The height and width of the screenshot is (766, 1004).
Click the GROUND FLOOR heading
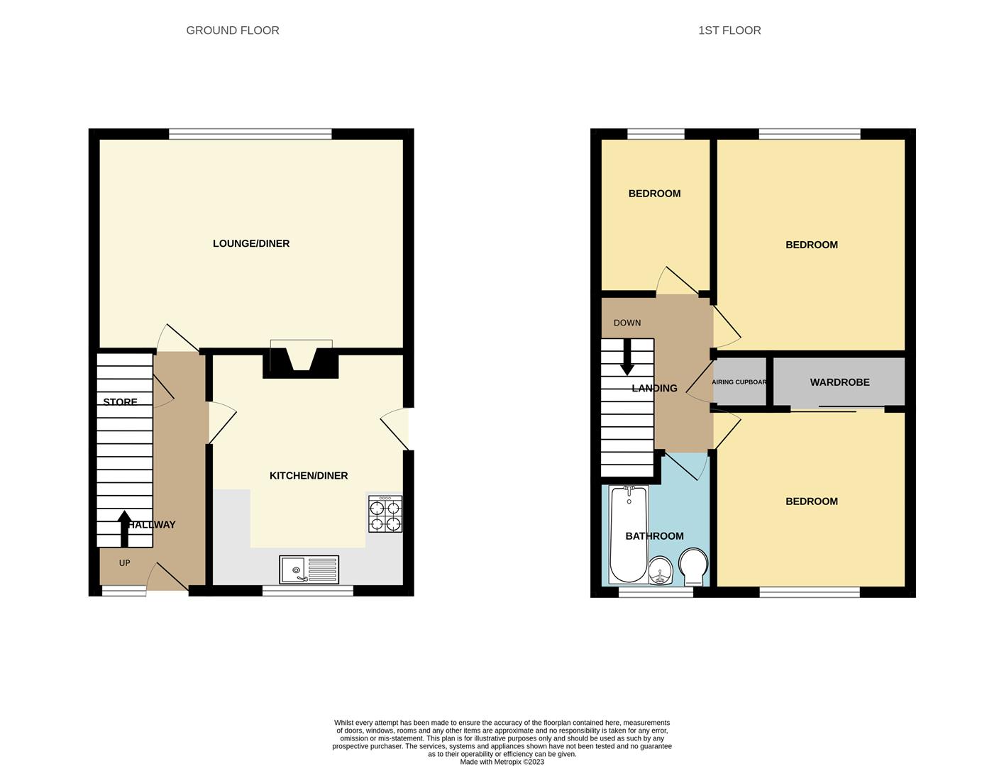[x=232, y=30]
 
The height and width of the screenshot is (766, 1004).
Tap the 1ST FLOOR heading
[x=729, y=30]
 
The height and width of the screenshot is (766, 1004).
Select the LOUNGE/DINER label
[x=251, y=243]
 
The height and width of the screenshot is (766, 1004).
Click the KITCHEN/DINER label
[x=309, y=476]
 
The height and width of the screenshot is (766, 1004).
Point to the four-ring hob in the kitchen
[x=385, y=514]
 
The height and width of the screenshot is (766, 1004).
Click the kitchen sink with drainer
[x=309, y=570]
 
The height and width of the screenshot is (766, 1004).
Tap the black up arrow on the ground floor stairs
[x=124, y=529]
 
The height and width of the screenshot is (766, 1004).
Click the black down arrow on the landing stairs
[x=627, y=357]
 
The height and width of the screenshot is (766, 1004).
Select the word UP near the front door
[x=124, y=563]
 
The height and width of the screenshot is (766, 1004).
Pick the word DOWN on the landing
[x=627, y=323]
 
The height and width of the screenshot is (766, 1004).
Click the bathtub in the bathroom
[x=629, y=534]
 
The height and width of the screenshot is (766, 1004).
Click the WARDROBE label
[x=840, y=382]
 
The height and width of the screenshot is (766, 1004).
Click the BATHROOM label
[x=654, y=536]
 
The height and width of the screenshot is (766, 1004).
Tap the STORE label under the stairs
[x=121, y=401]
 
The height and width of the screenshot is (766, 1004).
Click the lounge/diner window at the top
[x=250, y=134]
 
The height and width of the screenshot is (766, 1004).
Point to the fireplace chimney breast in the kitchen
[x=301, y=363]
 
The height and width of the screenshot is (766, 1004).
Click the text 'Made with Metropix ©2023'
[x=502, y=762]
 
